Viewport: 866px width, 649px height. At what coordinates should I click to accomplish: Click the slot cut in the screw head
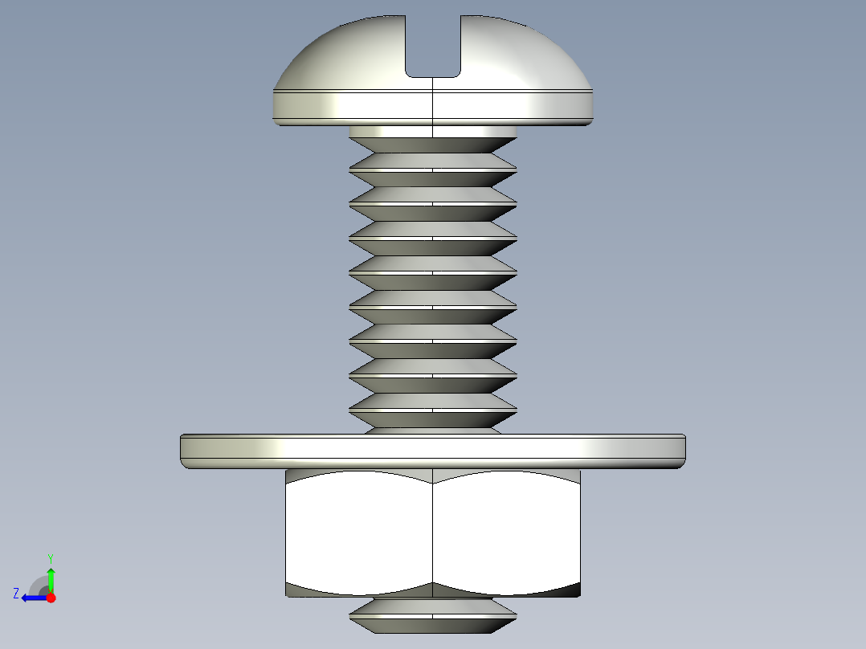tap(433, 48)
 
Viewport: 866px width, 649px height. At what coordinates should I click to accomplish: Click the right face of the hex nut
tap(506, 530)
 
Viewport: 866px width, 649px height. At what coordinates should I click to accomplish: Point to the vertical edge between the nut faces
tap(433, 530)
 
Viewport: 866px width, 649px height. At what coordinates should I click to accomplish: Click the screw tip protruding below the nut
tap(433, 614)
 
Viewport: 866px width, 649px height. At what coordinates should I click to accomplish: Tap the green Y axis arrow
tap(51, 577)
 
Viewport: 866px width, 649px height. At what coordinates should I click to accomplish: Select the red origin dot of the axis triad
tap(51, 598)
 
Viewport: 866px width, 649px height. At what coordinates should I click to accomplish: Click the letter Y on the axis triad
tap(50, 557)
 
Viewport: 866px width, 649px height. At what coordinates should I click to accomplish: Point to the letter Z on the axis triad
tap(16, 593)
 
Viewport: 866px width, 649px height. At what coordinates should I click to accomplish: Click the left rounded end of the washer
tap(185, 450)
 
